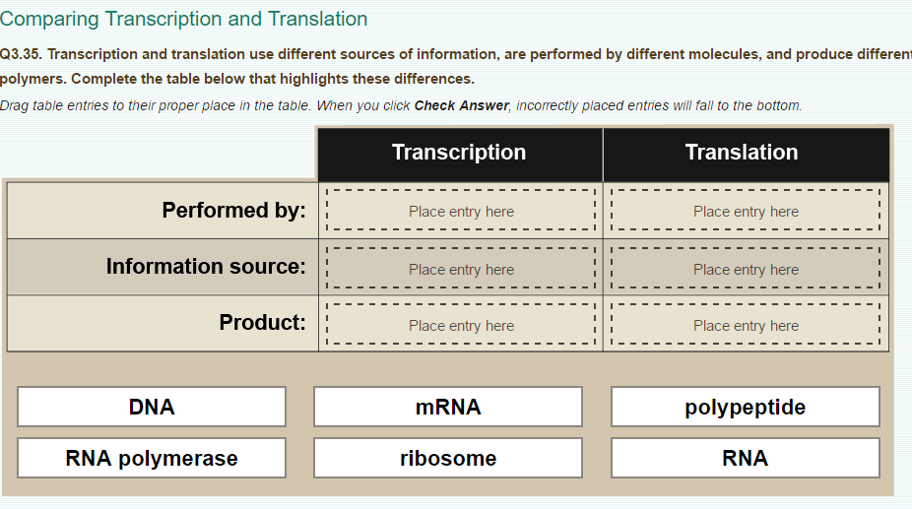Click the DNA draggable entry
point(152,407)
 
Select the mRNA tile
point(448,407)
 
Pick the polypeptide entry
point(745,407)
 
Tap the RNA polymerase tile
point(152,458)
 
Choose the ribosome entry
point(448,458)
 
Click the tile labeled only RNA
point(745,458)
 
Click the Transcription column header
point(459,153)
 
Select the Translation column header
point(742,153)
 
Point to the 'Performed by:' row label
point(233,210)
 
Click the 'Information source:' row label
point(206,266)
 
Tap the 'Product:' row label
point(262,322)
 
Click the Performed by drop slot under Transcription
point(461,211)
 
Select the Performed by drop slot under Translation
point(746,211)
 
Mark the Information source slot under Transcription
point(461,269)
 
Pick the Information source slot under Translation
point(746,269)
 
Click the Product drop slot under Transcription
point(461,325)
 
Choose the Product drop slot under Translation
point(746,325)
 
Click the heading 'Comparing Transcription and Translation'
point(184,19)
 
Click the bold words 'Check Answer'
point(461,105)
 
